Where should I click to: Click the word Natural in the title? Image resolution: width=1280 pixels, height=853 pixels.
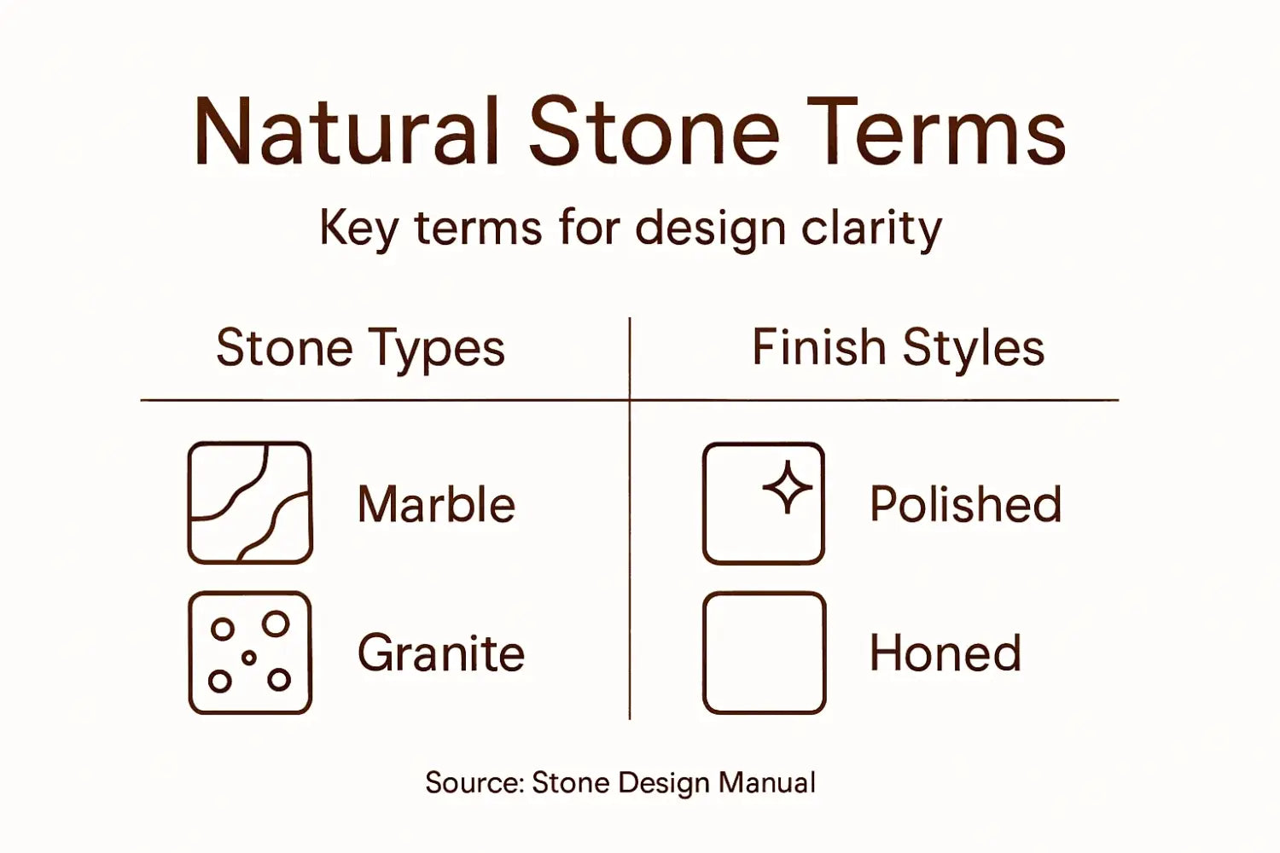tap(346, 132)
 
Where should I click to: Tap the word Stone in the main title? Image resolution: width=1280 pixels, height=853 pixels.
tap(654, 132)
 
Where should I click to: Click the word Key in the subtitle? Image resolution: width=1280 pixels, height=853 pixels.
tap(358, 229)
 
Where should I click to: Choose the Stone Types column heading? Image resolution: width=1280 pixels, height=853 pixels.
tap(360, 348)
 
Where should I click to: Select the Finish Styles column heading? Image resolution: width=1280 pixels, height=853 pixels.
tap(898, 348)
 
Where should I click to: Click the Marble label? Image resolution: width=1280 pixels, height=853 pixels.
tap(436, 504)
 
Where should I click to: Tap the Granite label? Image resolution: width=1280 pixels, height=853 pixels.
tap(440, 653)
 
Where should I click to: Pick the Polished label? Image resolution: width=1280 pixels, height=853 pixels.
tap(965, 504)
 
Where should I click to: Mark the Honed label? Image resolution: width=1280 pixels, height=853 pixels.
tap(945, 653)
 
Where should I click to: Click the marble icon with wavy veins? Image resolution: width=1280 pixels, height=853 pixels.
tap(250, 502)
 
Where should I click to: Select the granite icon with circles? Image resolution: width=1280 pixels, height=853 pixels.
tap(250, 653)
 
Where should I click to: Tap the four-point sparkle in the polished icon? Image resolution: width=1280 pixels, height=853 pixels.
tap(787, 488)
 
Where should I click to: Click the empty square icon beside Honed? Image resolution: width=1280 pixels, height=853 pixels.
tap(764, 653)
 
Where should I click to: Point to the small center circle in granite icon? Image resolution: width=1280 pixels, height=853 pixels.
tap(249, 658)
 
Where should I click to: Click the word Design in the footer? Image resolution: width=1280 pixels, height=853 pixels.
tap(664, 782)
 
